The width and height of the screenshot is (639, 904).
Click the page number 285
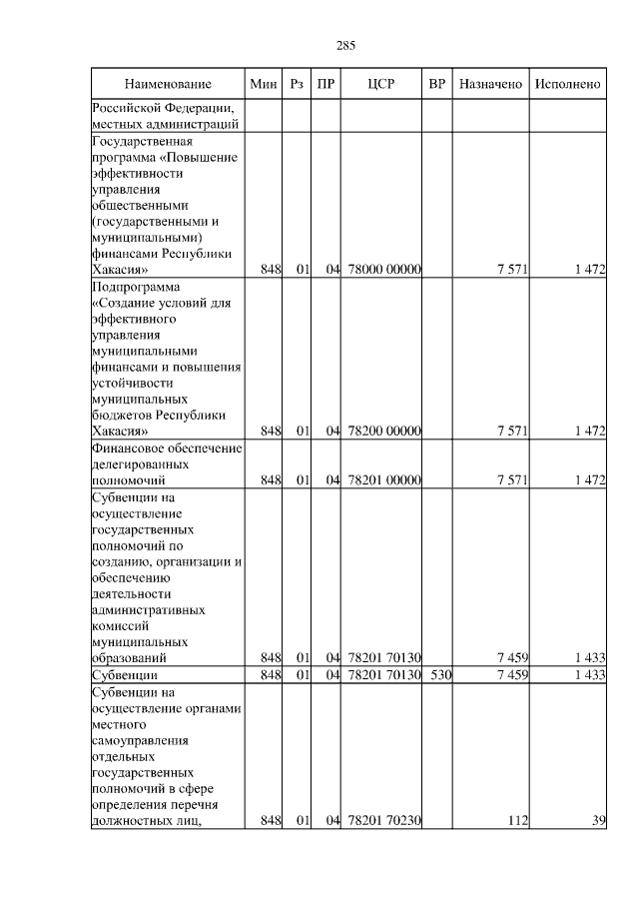tap(346, 46)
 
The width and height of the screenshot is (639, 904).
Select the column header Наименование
tap(169, 85)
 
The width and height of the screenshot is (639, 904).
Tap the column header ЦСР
tap(382, 85)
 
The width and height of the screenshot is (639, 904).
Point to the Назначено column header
tap(490, 85)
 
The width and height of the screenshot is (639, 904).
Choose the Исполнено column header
tap(567, 85)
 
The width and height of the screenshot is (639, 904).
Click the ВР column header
tap(436, 85)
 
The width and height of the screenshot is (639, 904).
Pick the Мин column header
tap(264, 85)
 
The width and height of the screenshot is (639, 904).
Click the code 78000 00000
tap(385, 269)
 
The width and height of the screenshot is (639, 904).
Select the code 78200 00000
tap(385, 431)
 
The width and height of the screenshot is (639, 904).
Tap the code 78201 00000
tap(385, 480)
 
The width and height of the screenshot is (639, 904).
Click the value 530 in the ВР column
tap(440, 675)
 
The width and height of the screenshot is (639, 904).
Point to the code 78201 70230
tap(385, 821)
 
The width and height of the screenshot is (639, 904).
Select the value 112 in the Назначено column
tap(516, 821)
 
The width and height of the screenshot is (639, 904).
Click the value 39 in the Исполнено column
tap(598, 821)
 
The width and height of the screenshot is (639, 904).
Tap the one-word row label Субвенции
tap(125, 675)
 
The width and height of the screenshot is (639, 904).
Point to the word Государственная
tap(141, 140)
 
